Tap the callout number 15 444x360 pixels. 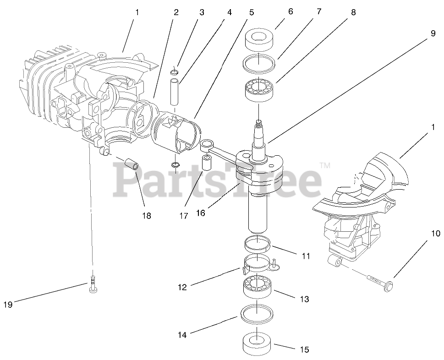click(304, 350)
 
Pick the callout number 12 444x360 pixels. click(182, 288)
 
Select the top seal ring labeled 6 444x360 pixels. click(259, 40)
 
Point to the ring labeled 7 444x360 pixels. click(259, 62)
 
